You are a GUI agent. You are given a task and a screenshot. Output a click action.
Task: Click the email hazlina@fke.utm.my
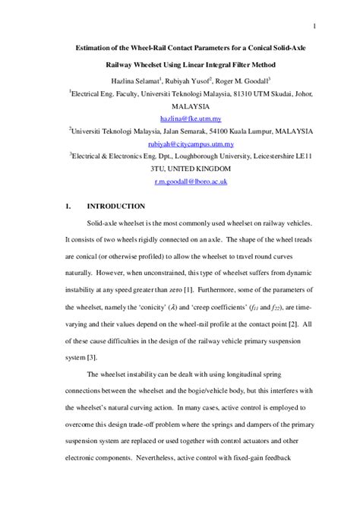point(189,119)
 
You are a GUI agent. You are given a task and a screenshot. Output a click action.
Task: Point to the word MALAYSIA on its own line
point(189,106)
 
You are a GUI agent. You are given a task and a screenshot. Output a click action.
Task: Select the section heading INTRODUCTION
point(115,206)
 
